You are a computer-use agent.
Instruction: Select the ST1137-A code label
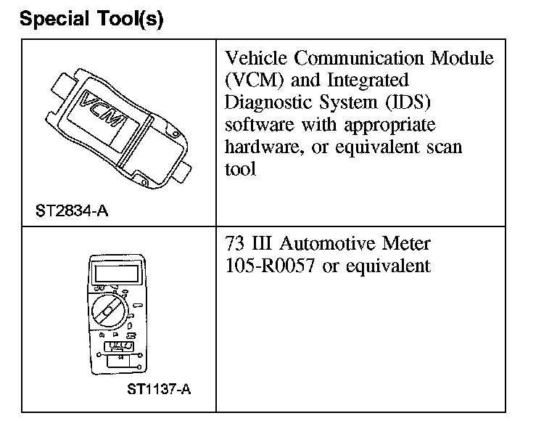pos(159,390)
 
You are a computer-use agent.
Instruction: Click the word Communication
pos(368,58)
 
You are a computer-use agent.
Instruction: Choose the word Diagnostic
pos(270,102)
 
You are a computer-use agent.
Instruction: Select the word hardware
pos(258,147)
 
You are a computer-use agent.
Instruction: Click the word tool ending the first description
pos(240,170)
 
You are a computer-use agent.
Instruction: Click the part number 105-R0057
pos(270,266)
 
